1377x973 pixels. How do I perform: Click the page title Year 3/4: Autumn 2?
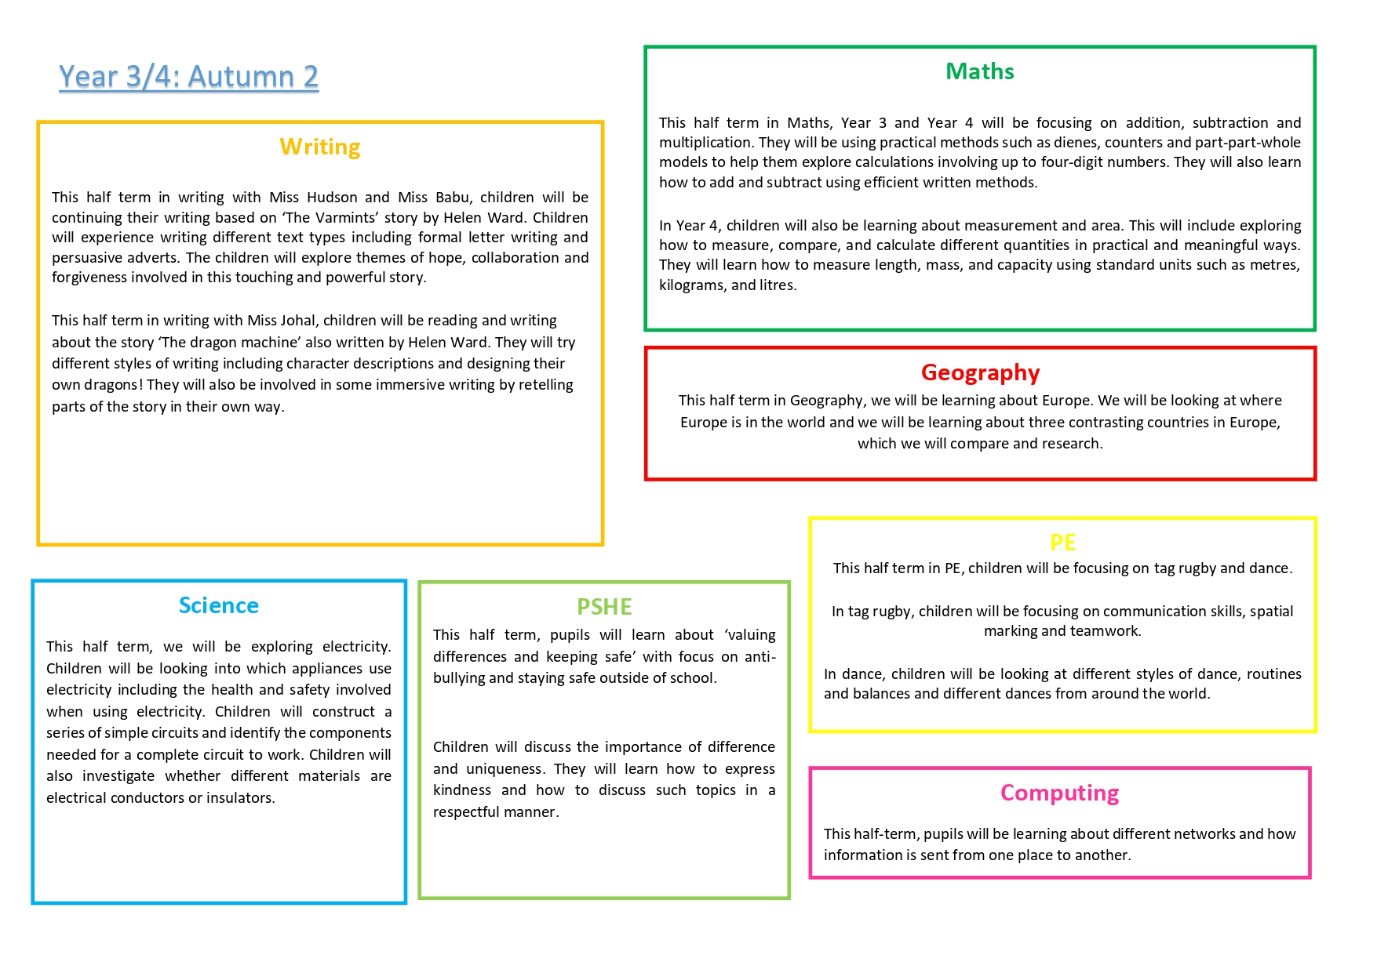(189, 77)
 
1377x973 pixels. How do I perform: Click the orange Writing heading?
(320, 147)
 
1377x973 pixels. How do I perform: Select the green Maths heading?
(979, 72)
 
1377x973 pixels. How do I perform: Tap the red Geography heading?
(980, 372)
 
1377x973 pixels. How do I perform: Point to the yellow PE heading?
(1062, 543)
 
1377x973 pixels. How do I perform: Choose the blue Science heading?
(219, 606)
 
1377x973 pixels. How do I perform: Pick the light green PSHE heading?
(604, 608)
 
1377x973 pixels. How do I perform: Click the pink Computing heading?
(1059, 793)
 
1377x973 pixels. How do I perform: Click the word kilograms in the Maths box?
(691, 285)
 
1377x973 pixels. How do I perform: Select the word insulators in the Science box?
(239, 798)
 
